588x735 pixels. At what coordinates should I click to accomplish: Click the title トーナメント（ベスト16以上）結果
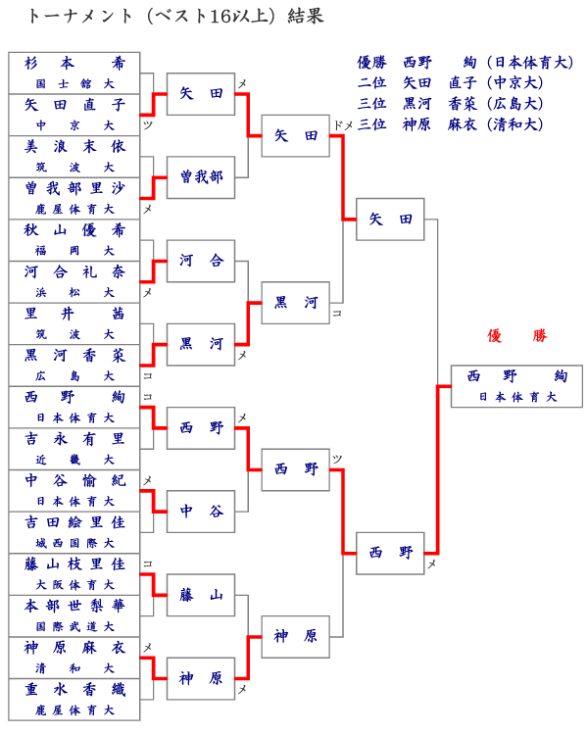174,17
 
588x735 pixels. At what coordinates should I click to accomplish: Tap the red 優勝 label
516,335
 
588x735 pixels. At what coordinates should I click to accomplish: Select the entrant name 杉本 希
74,63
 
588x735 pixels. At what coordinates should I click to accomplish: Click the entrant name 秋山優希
74,230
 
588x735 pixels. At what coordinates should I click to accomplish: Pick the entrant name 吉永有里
74,439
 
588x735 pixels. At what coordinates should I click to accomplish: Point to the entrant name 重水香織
74,689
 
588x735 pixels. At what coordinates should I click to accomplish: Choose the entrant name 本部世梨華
74,606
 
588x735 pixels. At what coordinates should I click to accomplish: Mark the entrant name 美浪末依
74,146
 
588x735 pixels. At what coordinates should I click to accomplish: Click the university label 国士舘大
74,84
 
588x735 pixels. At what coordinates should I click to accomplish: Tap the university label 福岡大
74,251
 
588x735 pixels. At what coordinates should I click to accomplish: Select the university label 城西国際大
74,543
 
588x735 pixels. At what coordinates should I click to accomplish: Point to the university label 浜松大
74,293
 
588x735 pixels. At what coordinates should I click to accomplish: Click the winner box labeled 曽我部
201,177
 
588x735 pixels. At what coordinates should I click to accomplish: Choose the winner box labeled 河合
201,261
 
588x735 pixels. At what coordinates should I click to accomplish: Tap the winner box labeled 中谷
201,512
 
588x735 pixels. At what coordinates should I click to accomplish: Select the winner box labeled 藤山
201,595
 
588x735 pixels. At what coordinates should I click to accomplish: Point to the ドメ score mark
343,125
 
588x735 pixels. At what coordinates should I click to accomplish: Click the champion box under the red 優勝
516,386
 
